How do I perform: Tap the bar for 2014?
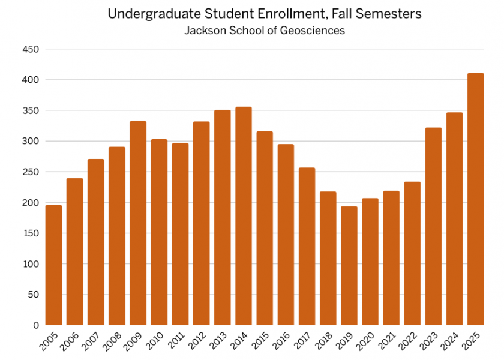(244, 216)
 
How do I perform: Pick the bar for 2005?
(53, 265)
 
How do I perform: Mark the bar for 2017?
(307, 246)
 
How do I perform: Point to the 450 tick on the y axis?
(31, 49)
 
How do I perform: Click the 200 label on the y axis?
(31, 203)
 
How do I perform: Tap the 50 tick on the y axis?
(33, 295)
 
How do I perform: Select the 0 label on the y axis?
(35, 325)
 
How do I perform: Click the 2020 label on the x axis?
(367, 343)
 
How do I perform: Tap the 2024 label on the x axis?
(452, 343)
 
